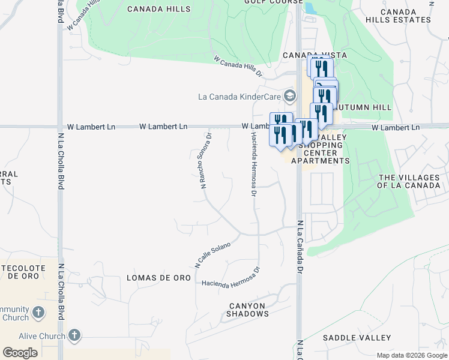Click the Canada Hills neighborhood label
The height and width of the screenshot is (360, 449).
160,9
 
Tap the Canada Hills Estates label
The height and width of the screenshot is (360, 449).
406,16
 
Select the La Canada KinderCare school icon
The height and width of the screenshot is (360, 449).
291,96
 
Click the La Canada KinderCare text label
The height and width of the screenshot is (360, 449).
240,97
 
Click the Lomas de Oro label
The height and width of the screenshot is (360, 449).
159,278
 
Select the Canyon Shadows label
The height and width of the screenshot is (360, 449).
248,310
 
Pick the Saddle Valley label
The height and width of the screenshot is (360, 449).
357,338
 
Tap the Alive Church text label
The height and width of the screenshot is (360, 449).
42,336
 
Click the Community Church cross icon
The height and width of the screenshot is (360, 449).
38,313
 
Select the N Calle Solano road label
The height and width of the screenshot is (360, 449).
212,254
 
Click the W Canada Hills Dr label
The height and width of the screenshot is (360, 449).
238,67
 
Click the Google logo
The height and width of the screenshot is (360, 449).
20,352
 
